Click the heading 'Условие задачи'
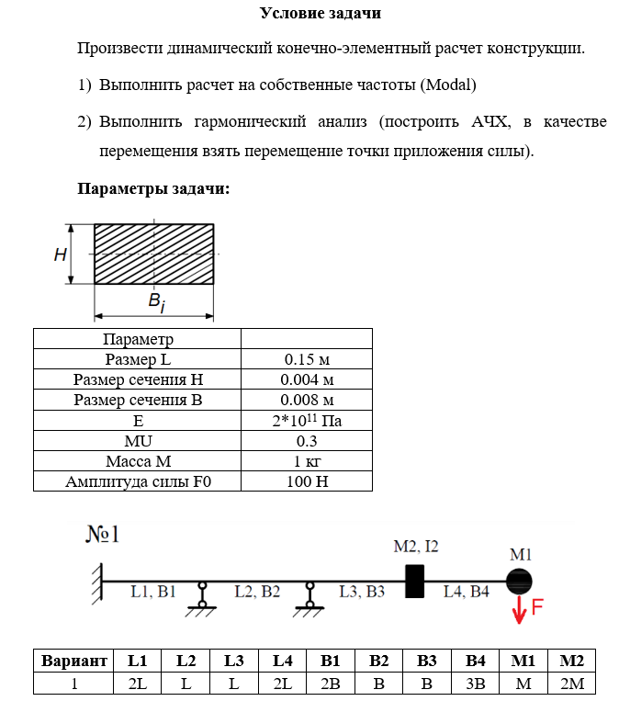320,13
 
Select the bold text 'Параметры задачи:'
153,189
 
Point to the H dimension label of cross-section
60,254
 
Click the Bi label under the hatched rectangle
157,302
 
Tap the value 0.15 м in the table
307,359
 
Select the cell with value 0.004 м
307,379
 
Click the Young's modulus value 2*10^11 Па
307,420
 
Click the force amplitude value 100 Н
307,481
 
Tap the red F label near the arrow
538,607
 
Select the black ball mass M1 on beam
520,581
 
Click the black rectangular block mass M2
415,581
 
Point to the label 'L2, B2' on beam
257,592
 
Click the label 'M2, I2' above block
416,547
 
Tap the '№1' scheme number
104,535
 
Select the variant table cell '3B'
475,684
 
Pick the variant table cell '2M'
571,684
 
